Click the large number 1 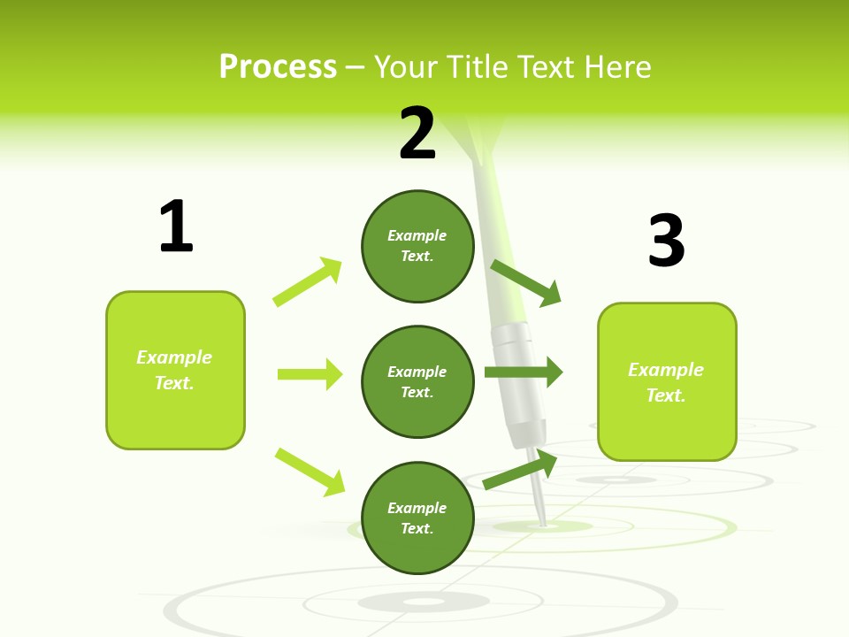point(176,226)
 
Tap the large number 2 point(417,134)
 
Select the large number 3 point(666,241)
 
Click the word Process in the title point(278,66)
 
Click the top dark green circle point(417,246)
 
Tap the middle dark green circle point(417,381)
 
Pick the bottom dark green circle point(417,518)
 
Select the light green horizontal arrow point(310,374)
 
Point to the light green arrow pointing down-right point(310,472)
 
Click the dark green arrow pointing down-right point(526,282)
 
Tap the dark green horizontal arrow point(524,372)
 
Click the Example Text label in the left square point(174,370)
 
